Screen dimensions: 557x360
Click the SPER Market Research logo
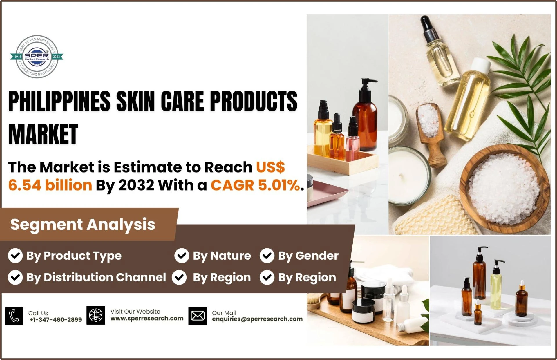click(x=37, y=57)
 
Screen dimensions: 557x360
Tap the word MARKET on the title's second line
click(x=43, y=134)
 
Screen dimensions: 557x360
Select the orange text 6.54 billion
click(x=50, y=185)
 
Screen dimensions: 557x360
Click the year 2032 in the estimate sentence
click(x=136, y=185)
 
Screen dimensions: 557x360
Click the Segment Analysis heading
click(x=83, y=224)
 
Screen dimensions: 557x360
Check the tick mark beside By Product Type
click(x=15, y=256)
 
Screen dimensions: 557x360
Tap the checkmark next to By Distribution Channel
click(x=15, y=277)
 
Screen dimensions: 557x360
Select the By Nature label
click(x=222, y=256)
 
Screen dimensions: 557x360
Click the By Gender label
click(x=308, y=256)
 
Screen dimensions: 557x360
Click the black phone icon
click(x=14, y=316)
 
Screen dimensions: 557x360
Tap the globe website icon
click(x=96, y=315)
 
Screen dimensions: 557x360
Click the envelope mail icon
click(x=198, y=316)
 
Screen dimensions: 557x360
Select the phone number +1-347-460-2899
click(x=55, y=320)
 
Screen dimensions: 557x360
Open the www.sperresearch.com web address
click(x=147, y=318)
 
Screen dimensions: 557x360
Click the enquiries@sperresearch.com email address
click(x=257, y=319)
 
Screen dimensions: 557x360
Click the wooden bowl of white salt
click(x=504, y=188)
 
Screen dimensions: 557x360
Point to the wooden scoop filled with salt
click(x=431, y=133)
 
